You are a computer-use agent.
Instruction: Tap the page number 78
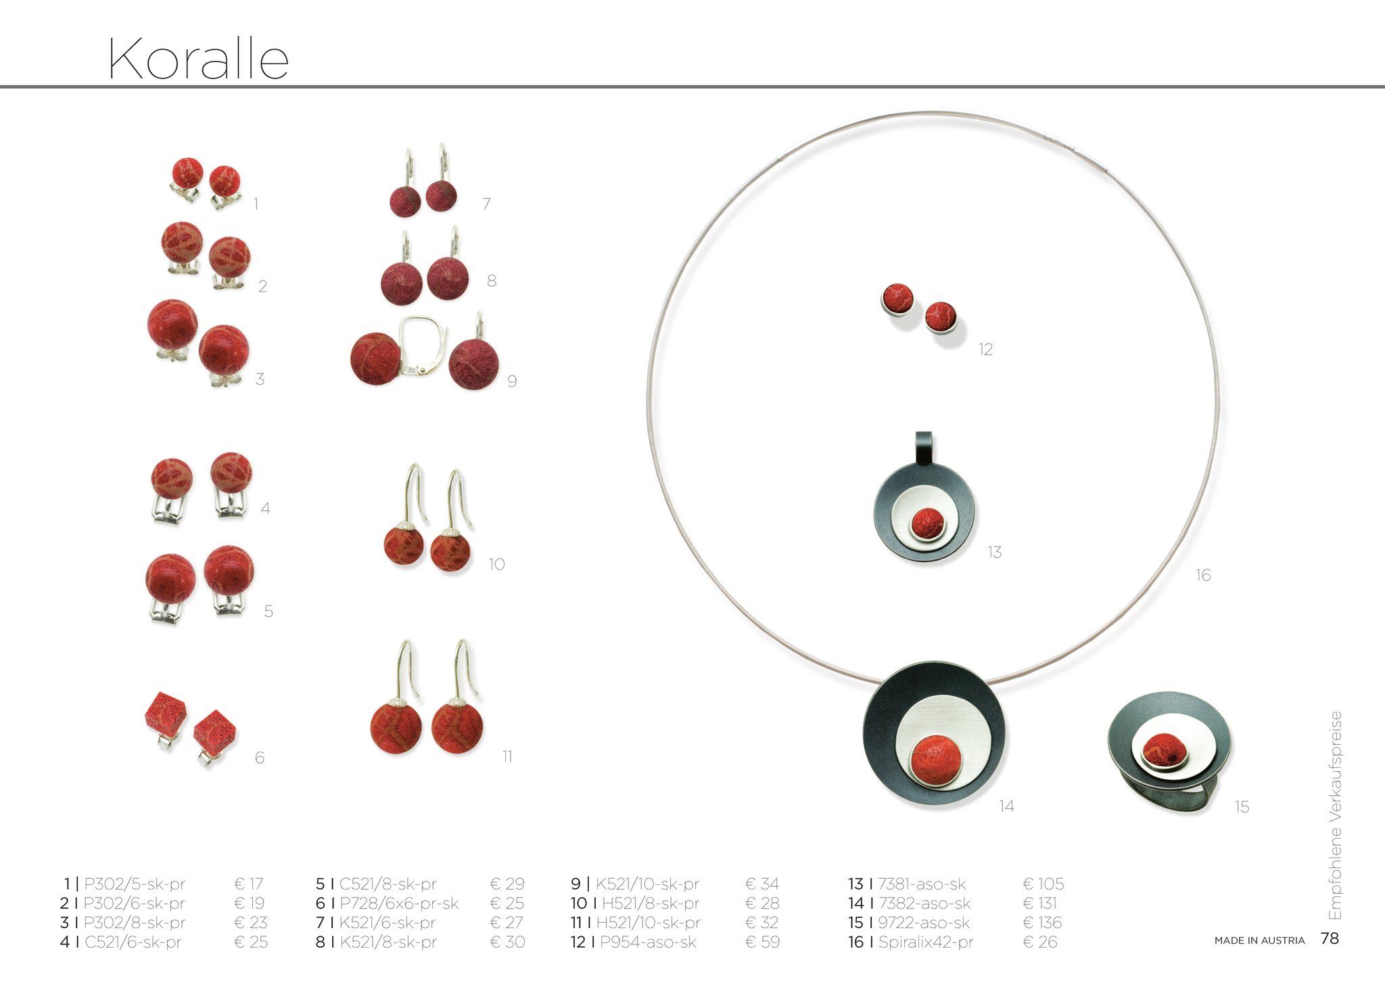click(1330, 938)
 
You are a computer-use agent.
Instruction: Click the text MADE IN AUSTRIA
click(1259, 940)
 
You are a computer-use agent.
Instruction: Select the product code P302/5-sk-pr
click(135, 883)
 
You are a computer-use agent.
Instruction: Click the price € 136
click(1042, 923)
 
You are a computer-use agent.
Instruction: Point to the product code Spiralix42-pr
click(926, 942)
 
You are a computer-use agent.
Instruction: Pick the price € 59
click(762, 942)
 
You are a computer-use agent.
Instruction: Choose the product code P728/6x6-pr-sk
click(399, 903)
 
